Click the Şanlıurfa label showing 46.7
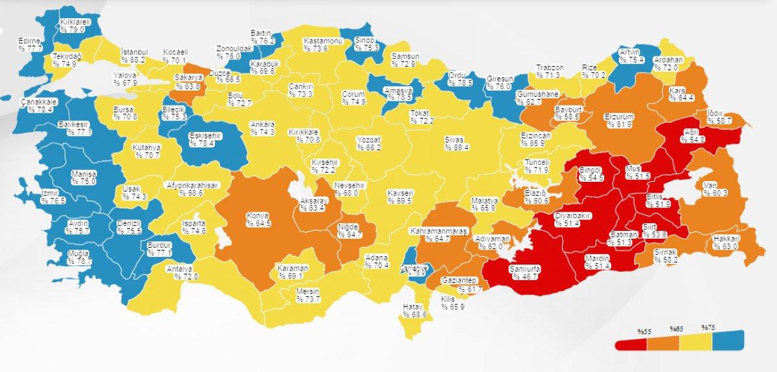(524, 272)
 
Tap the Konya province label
(258, 219)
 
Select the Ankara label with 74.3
(263, 128)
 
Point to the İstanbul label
(134, 56)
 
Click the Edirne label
(30, 45)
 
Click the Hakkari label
(726, 242)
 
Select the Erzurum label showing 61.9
(618, 120)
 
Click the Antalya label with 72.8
(184, 272)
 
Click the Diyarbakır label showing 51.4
(572, 219)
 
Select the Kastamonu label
(322, 43)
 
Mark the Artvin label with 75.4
(629, 56)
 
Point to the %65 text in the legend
(676, 329)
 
